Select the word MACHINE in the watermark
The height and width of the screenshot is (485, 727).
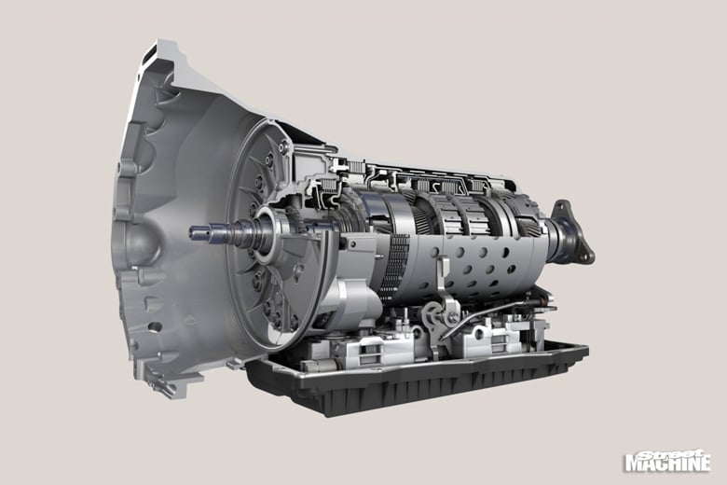pyautogui.click(x=667, y=464)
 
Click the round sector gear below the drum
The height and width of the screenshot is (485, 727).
pyautogui.click(x=433, y=315)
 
